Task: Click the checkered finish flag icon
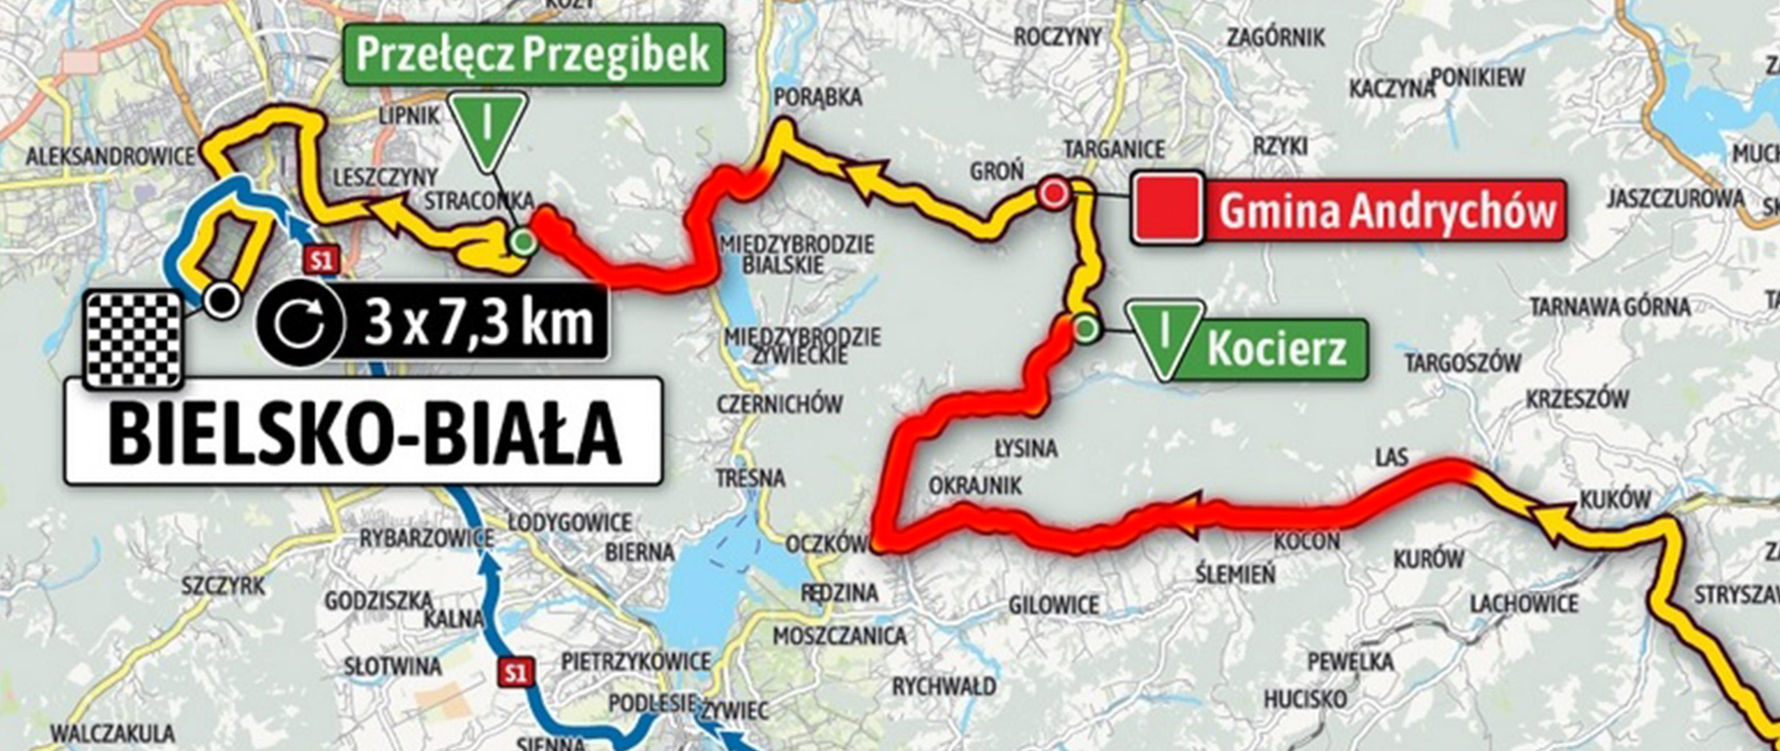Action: pyautogui.click(x=133, y=338)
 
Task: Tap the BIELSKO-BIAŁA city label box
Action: pyautogui.click(x=362, y=431)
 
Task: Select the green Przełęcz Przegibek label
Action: pyautogui.click(x=533, y=55)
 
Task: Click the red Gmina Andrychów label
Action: pyautogui.click(x=1386, y=210)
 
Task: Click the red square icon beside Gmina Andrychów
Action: pyautogui.click(x=1168, y=210)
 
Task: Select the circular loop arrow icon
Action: pyautogui.click(x=299, y=322)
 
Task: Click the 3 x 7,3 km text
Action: pyautogui.click(x=477, y=323)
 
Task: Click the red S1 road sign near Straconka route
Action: pyautogui.click(x=321, y=261)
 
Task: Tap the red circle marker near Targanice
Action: pyautogui.click(x=1052, y=194)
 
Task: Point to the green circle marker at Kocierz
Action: pyautogui.click(x=1086, y=328)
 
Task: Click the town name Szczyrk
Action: pyautogui.click(x=222, y=586)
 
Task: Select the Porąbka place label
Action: pyautogui.click(x=817, y=96)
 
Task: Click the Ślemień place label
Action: pyautogui.click(x=1234, y=575)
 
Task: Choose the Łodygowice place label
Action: pyautogui.click(x=569, y=522)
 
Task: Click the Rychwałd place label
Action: pyautogui.click(x=944, y=687)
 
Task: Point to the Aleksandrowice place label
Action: pyautogui.click(x=109, y=157)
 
